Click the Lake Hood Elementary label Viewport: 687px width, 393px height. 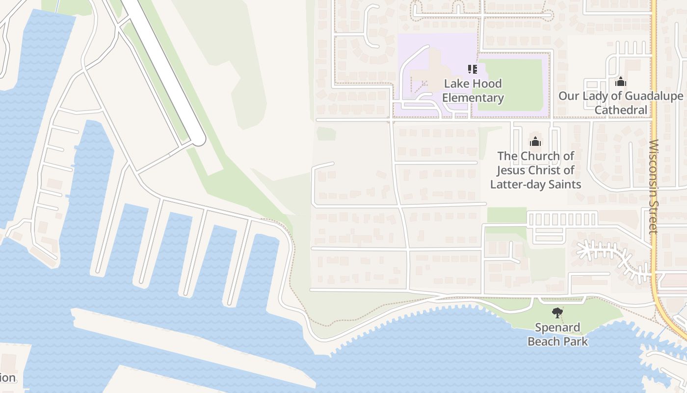coord(473,90)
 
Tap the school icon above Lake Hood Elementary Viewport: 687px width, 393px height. coord(472,69)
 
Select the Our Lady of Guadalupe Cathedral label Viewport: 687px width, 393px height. coord(621,103)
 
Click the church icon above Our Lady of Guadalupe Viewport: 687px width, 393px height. coord(621,81)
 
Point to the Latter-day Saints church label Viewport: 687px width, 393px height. coord(535,170)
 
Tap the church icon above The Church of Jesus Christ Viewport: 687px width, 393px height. coord(535,142)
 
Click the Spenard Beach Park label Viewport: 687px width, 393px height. coord(557,334)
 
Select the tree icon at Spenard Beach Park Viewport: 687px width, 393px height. coord(557,312)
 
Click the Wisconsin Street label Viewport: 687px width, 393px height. coord(654,187)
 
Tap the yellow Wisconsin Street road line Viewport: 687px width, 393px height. coord(655,98)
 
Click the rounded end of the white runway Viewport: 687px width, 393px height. coord(199,140)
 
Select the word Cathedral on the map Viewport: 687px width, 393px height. coord(621,110)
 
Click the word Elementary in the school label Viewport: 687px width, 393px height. coord(473,97)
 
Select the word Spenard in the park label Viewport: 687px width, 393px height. coord(557,327)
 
